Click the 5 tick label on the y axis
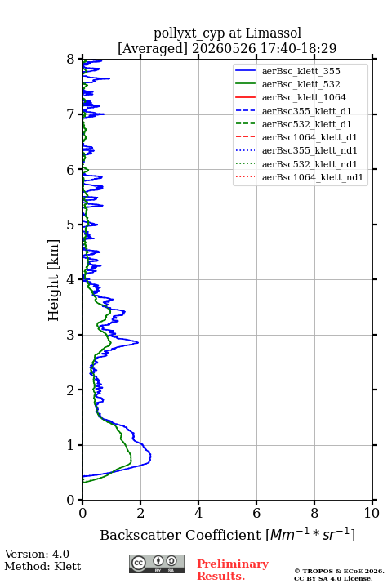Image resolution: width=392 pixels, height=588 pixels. coord(71,225)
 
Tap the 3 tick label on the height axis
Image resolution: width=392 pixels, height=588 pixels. coord(71,335)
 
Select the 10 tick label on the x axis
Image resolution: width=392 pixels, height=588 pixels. coord(372,513)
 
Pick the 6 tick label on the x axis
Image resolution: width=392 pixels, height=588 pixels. coord(256,513)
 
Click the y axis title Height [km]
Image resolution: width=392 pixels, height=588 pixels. coord(54,280)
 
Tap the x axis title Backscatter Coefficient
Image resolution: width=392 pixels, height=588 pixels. coord(180,535)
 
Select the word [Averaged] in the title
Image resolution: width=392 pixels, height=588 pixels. coord(153,48)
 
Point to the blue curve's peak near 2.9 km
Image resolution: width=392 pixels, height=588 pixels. coord(138,342)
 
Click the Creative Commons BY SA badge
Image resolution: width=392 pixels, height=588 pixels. coord(157,564)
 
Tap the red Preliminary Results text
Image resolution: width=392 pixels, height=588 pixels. coord(233,570)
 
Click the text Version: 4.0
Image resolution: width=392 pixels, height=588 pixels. coord(37,554)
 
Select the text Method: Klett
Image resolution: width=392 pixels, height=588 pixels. coord(42,566)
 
